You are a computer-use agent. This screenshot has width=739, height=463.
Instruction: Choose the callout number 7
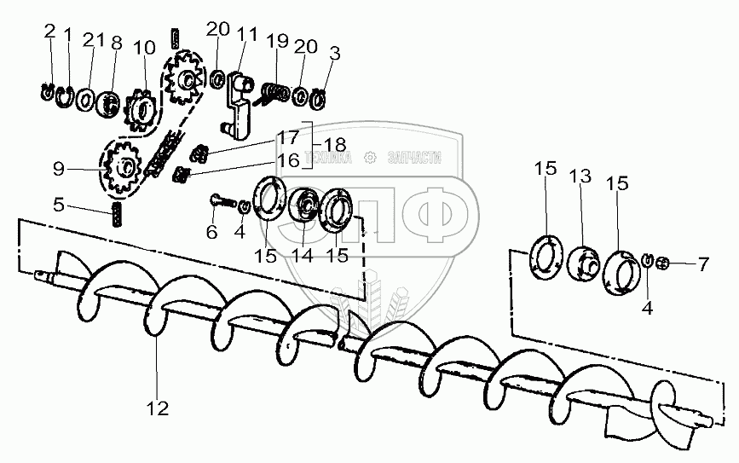[x=703, y=264]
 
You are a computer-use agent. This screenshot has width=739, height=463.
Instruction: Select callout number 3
[x=334, y=53]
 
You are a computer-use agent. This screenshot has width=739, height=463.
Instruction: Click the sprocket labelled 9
[x=124, y=170]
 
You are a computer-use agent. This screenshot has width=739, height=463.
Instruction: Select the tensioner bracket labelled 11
[x=238, y=101]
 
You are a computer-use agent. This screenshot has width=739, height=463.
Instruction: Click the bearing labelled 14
[x=303, y=207]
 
